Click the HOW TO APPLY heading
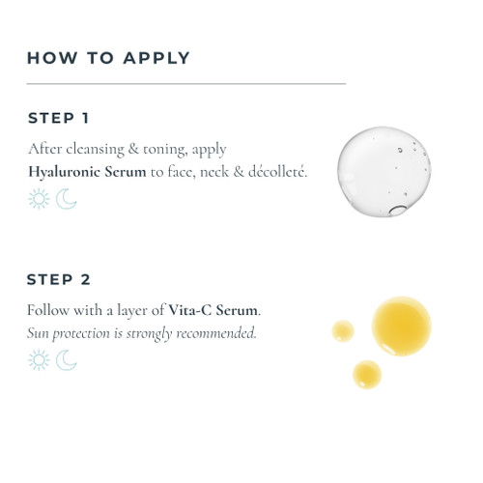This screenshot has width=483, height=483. point(108,57)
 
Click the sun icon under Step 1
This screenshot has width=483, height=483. point(39,199)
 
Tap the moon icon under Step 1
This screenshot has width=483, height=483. point(66,199)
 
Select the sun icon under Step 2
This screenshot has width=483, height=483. point(39,360)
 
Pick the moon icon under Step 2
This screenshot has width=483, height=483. point(66,360)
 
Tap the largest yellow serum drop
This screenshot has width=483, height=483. point(401,326)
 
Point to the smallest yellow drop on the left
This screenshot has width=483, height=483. point(343,331)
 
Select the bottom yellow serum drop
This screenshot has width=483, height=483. point(367,374)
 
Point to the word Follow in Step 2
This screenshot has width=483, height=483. point(48,311)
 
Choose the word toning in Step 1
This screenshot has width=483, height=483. point(166,150)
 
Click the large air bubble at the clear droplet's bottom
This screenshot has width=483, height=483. point(398,209)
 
